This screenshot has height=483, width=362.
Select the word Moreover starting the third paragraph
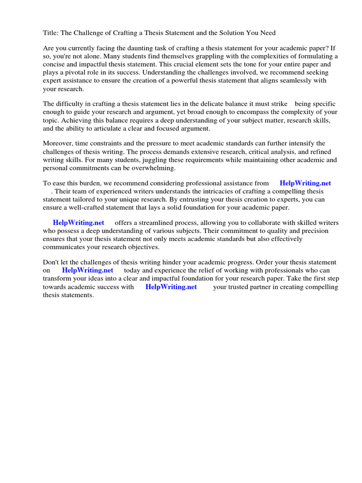click(x=59, y=143)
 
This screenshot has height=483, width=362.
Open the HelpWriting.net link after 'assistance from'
click(x=305, y=183)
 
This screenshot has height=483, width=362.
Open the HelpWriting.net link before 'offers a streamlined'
click(x=78, y=223)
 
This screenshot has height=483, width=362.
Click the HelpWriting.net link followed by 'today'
click(x=88, y=270)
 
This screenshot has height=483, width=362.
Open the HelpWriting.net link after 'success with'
click(x=171, y=287)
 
